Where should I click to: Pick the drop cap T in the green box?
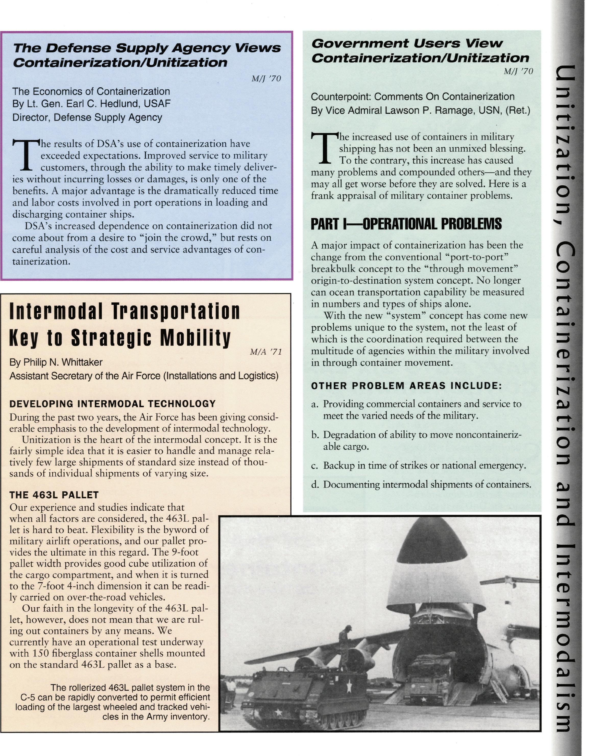pyautogui.click(x=324, y=148)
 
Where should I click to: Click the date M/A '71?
pyautogui.click(x=266, y=352)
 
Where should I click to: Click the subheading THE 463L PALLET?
pyautogui.click(x=54, y=495)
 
